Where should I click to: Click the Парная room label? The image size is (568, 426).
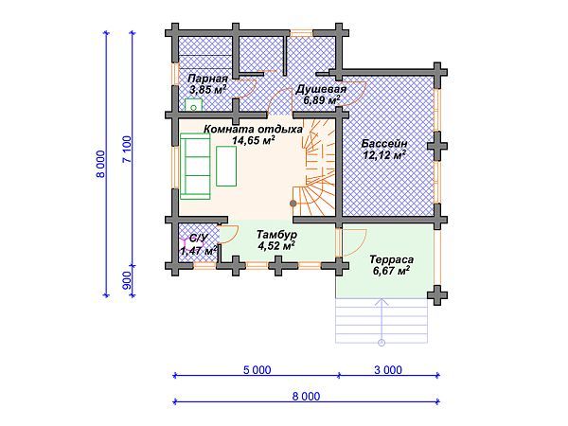(x=208, y=79)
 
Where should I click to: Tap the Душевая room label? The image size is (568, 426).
(x=321, y=89)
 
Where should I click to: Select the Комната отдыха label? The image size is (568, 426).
(x=253, y=130)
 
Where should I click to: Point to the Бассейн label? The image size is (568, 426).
(x=384, y=144)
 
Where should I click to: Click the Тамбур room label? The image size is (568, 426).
(x=276, y=235)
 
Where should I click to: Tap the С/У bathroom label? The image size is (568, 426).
(x=199, y=238)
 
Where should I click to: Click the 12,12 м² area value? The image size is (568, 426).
(x=384, y=155)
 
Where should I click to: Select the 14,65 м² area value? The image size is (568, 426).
(x=253, y=140)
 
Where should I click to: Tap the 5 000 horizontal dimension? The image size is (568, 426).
(x=257, y=370)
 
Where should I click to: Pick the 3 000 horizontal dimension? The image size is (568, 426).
(x=388, y=370)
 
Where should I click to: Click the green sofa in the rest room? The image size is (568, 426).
(x=195, y=167)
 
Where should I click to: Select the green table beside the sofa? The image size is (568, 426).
(x=226, y=166)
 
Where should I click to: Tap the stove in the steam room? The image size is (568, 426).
(x=194, y=105)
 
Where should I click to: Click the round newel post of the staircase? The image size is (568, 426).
(x=293, y=204)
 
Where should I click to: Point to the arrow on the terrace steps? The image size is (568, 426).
(x=382, y=321)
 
